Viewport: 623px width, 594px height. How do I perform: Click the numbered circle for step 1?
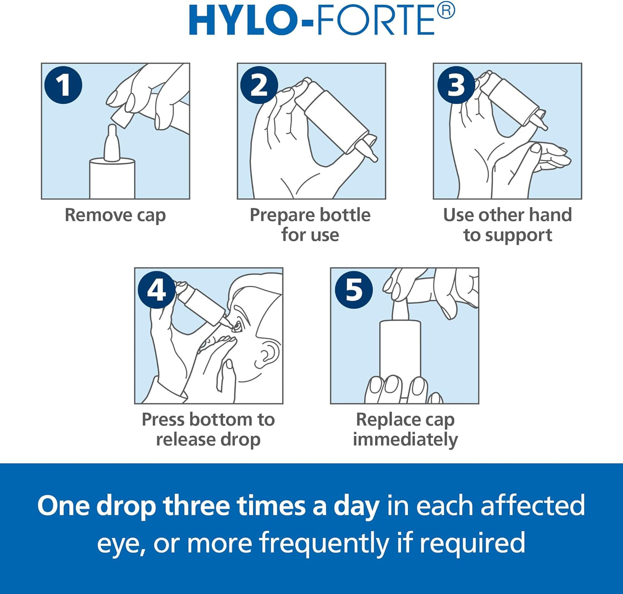tap(63, 85)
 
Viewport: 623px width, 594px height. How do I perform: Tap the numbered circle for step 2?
tap(259, 85)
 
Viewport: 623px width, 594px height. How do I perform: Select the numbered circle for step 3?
tap(456, 85)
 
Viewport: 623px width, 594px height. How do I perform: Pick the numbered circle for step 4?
tap(157, 289)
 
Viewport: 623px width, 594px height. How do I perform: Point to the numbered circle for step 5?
tap(354, 289)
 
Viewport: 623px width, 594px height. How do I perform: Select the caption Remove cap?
tap(115, 215)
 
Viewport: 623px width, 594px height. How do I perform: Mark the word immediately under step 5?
tap(405, 440)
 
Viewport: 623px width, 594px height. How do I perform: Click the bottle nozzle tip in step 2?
tap(373, 158)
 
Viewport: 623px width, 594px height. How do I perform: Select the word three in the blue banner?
tap(196, 506)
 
